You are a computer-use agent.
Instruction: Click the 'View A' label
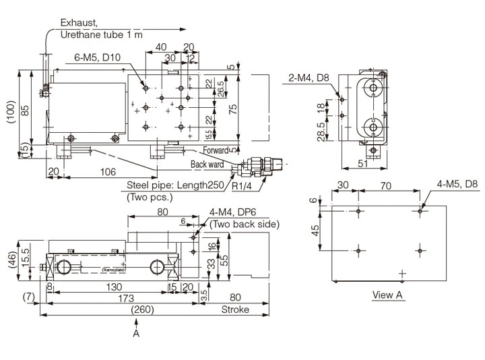tap(388, 295)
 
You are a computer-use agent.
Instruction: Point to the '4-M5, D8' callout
tap(457, 183)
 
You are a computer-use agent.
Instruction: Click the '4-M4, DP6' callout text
tap(233, 212)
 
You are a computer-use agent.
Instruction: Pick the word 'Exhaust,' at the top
tap(78, 22)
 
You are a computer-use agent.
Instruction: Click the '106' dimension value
tap(108, 172)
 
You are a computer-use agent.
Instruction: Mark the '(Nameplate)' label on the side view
tap(115, 270)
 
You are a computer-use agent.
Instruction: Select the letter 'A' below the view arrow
tap(136, 334)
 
